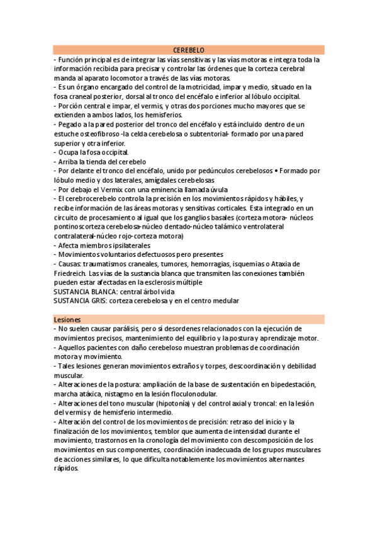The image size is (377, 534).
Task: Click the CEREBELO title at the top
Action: pyautogui.click(x=188, y=50)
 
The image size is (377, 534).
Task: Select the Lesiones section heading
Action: pyautogui.click(x=67, y=319)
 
